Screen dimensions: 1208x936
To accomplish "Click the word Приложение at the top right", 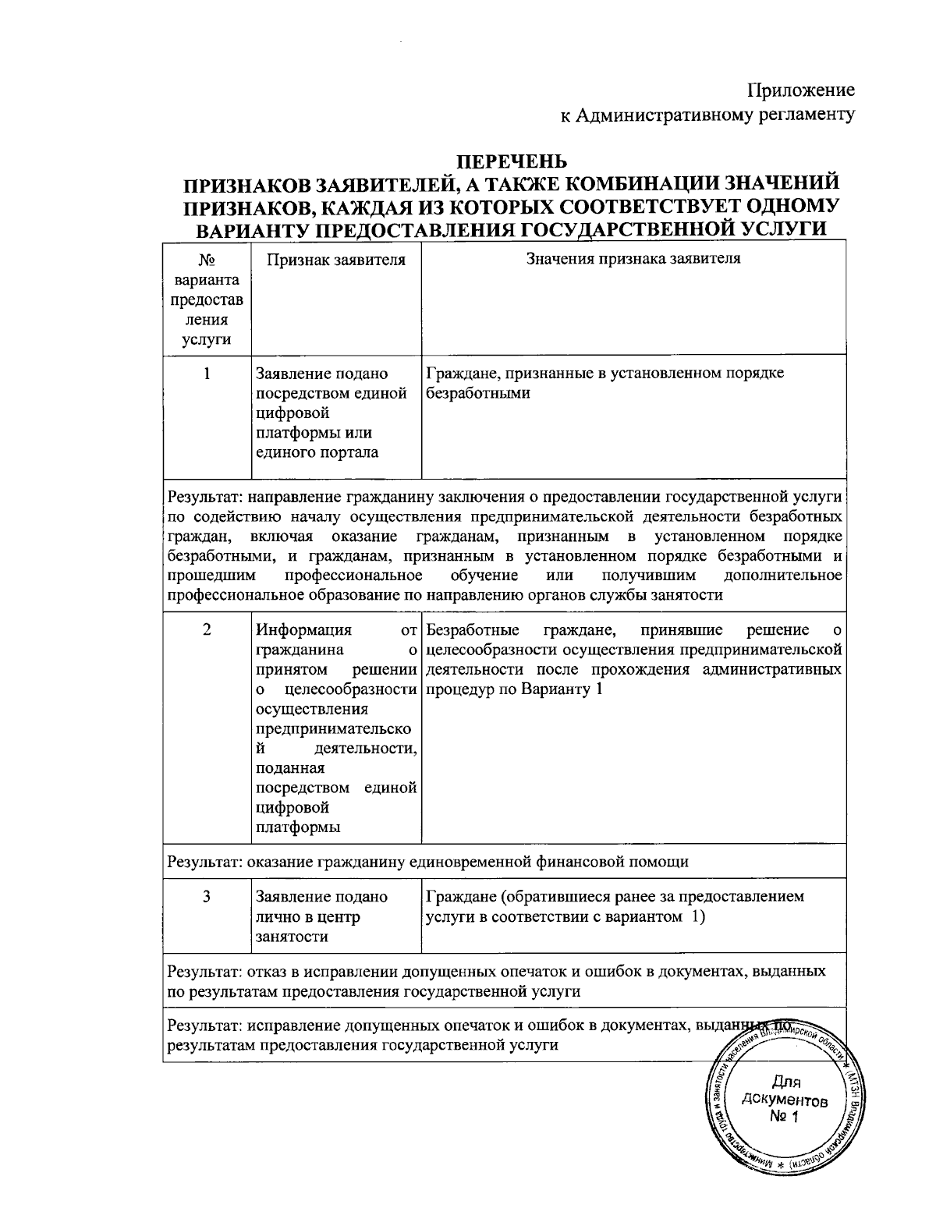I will point(801,90).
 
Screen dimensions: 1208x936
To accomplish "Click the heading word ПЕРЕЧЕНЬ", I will point(511,161).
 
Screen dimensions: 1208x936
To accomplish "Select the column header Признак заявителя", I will point(336,260).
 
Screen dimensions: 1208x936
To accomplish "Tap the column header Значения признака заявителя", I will point(633,259).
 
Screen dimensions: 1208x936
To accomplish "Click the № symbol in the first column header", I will point(207,260).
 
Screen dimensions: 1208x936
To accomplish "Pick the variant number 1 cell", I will point(207,374).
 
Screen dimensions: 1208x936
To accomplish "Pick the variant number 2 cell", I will point(207,630).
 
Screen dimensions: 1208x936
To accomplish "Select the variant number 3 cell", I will point(207,897).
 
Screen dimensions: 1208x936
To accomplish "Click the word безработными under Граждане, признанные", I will point(478,393).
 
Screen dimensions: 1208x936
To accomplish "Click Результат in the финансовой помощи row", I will point(204,862).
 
